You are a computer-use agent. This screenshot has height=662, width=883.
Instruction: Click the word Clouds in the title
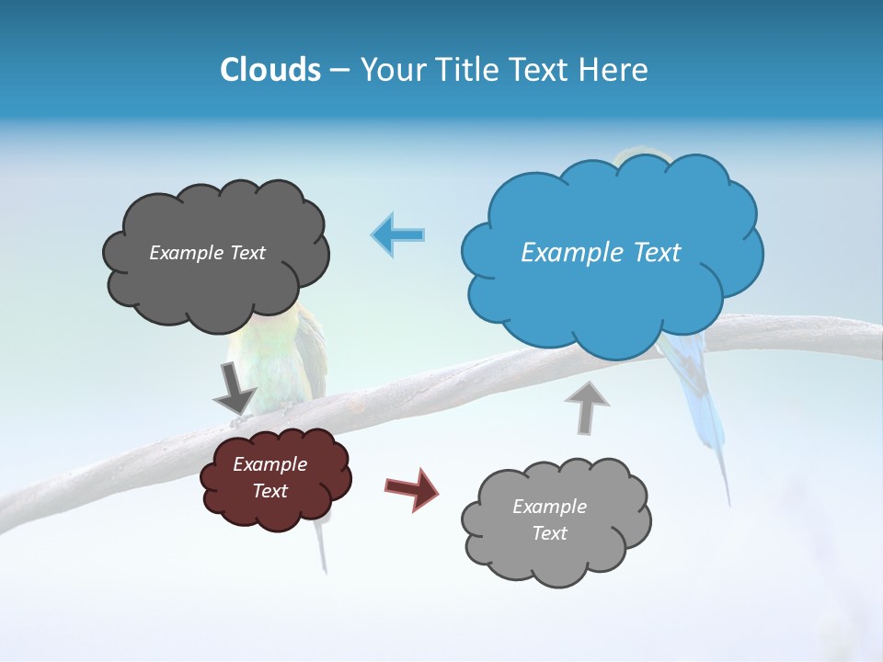[x=270, y=70]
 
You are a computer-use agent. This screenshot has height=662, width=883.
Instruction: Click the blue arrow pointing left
[x=398, y=234]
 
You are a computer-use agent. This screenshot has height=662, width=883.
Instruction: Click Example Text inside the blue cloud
[x=601, y=253]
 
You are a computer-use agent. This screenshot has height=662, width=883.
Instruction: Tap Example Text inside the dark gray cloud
[x=207, y=253]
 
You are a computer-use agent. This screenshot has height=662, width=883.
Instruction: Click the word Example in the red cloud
[x=269, y=464]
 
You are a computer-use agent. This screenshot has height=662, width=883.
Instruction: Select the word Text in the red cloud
[x=269, y=491]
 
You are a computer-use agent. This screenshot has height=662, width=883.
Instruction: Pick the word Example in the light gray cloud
[x=549, y=507]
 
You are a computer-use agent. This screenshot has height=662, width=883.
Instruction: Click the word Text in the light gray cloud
[x=549, y=533]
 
